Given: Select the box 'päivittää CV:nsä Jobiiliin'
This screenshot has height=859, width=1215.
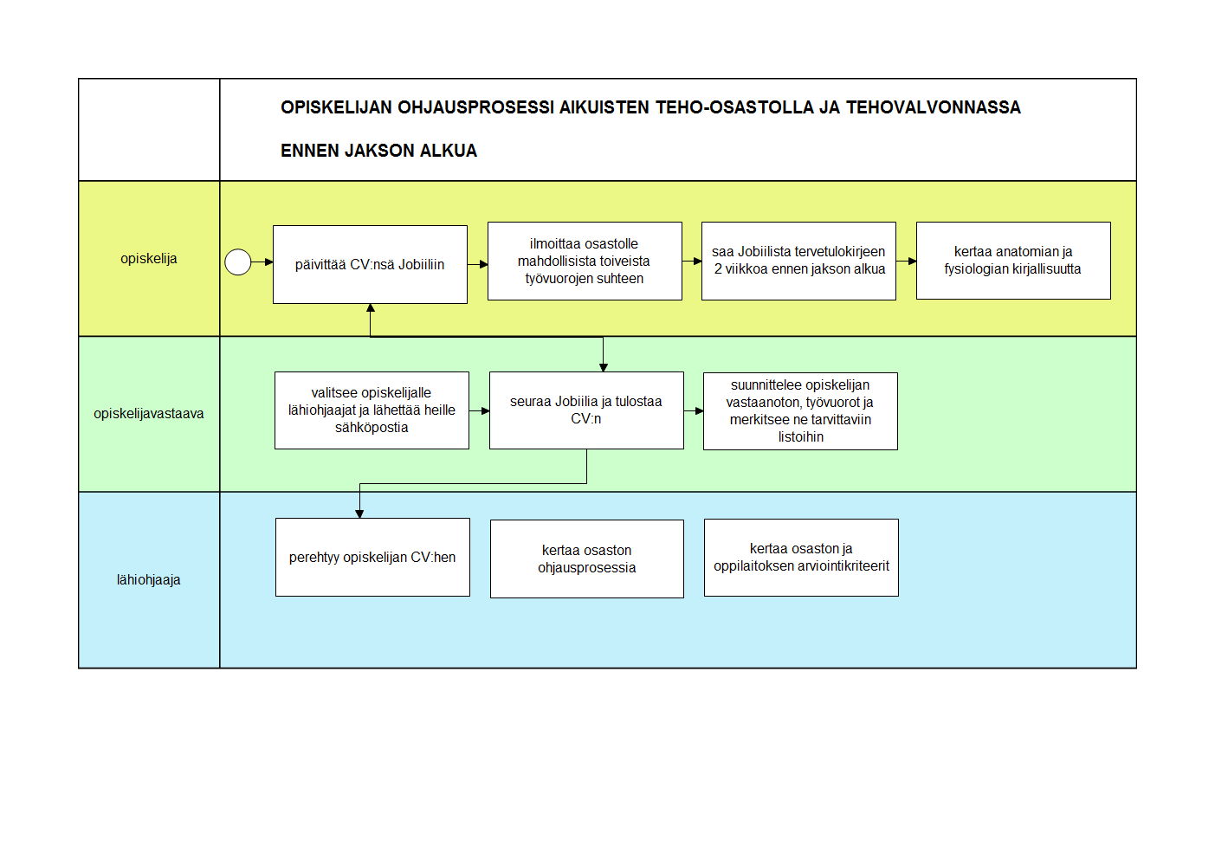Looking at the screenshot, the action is point(370,264).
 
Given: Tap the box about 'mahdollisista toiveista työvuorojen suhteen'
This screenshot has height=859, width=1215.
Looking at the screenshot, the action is point(585,261).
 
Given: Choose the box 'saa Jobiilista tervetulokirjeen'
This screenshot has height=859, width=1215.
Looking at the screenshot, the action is point(798,261).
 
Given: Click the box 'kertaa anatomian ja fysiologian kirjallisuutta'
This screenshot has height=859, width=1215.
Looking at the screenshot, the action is point(1013,261).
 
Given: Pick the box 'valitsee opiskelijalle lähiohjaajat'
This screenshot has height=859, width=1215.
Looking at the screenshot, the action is point(372,410).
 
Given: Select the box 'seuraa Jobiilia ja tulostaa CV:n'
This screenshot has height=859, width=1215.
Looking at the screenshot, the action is point(586,410).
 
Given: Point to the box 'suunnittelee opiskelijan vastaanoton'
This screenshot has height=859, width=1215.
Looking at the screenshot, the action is point(800,411).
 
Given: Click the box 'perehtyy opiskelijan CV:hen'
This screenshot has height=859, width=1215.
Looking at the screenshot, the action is point(372,557).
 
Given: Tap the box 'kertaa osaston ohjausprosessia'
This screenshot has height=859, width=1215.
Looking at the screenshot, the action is point(587,559).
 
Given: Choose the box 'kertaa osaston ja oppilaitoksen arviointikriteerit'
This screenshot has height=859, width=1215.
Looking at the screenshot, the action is point(801,558).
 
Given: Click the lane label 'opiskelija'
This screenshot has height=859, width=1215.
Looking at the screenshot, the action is point(149,259).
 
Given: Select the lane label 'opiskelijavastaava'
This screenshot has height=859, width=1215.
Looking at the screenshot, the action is point(149,413).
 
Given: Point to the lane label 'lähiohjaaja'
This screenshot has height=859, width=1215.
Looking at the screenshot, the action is point(149,579).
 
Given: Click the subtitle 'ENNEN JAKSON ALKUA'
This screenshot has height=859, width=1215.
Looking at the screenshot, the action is point(378,150).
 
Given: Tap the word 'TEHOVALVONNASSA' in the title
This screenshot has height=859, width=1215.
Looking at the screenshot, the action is point(933,107).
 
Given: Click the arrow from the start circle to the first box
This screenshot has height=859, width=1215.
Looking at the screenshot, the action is point(262,262).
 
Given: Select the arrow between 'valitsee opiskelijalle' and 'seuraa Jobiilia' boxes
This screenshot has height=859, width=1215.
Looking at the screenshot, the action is point(480,410).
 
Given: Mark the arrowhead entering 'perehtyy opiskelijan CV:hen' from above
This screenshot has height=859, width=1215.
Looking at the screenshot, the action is point(359,513).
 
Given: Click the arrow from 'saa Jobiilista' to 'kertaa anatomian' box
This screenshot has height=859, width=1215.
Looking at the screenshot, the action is point(907,261).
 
